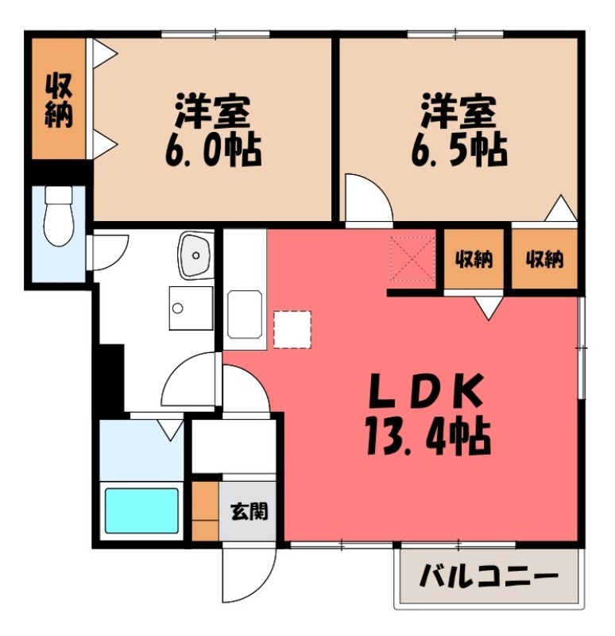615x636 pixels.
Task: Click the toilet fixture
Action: coord(57,215)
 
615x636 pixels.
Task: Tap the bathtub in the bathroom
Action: coord(142,510)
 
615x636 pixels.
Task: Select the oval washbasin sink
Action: coord(195,254)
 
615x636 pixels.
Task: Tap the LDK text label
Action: coord(425,392)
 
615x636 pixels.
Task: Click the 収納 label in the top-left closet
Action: coord(58,100)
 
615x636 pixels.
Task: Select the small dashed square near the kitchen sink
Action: coord(292,329)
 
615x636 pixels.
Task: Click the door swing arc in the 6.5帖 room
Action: coord(367,199)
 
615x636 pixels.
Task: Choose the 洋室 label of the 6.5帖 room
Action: coord(458,112)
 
